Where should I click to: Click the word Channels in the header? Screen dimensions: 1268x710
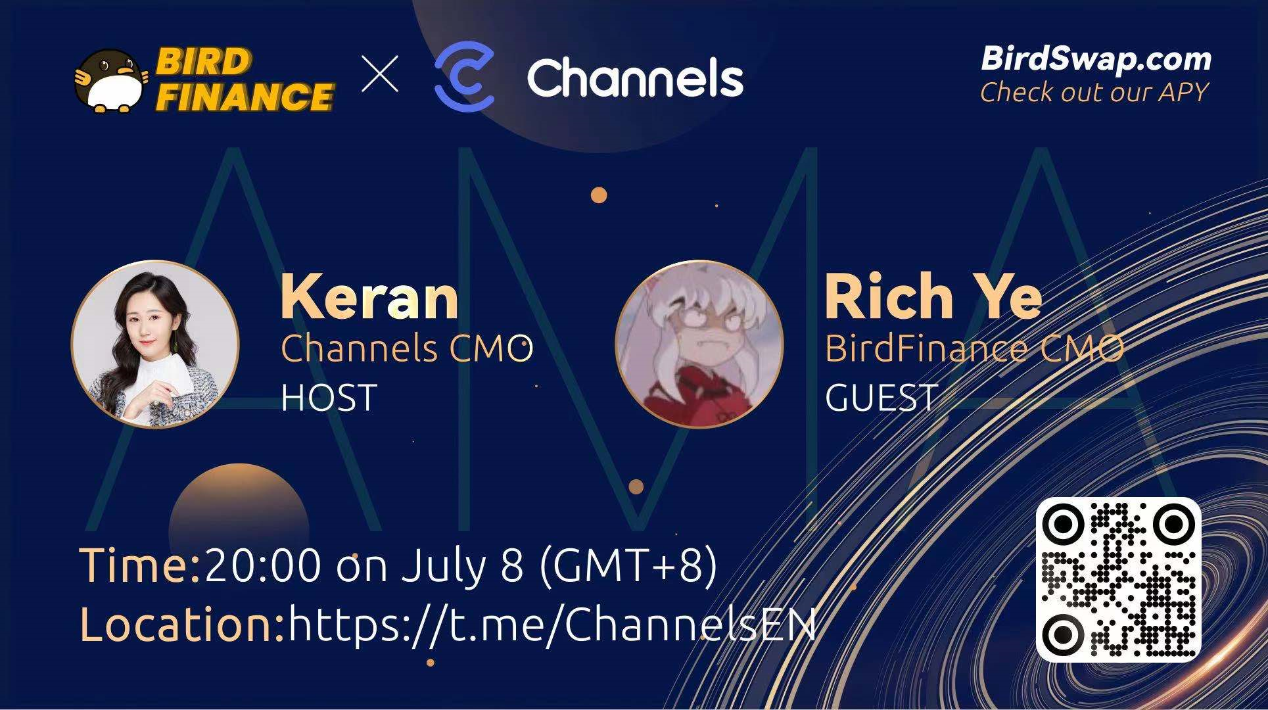click(x=635, y=78)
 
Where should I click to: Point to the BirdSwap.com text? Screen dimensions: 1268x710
click(x=1096, y=59)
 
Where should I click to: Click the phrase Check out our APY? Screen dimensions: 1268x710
click(x=1094, y=92)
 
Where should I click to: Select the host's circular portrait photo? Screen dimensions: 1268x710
click(x=155, y=344)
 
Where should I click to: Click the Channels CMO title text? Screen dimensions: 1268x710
click(x=407, y=348)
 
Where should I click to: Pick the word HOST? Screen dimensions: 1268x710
click(x=329, y=397)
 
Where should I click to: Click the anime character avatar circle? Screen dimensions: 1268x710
click(x=699, y=344)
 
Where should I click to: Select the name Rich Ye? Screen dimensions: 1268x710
click(x=933, y=296)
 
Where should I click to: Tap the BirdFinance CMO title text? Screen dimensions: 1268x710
click(x=974, y=348)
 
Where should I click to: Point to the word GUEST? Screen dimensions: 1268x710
click(x=881, y=397)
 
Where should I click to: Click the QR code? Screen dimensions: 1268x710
click(x=1119, y=579)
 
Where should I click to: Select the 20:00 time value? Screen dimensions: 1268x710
click(x=263, y=565)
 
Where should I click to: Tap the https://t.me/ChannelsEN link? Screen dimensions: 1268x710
click(x=552, y=623)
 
